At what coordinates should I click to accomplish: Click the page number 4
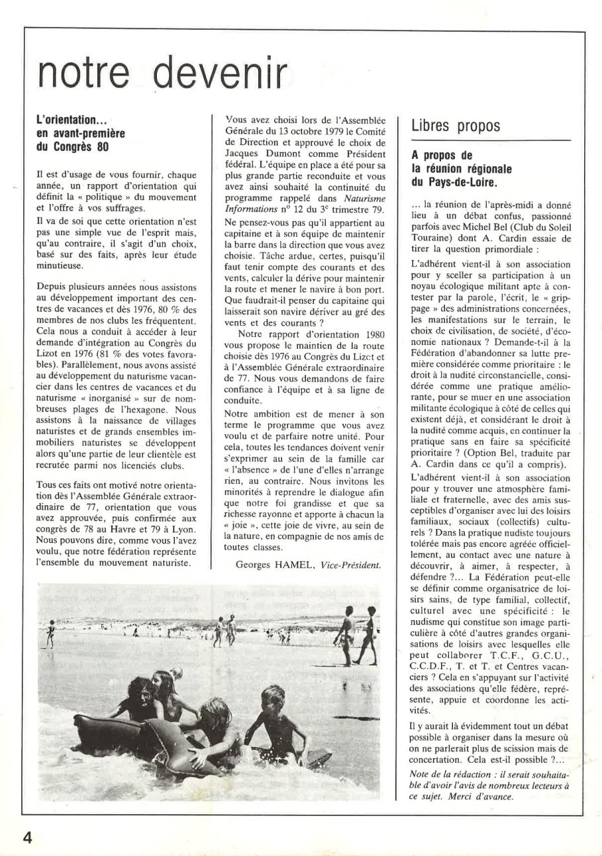tap(27, 836)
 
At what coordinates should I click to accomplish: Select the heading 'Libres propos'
tap(456, 126)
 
